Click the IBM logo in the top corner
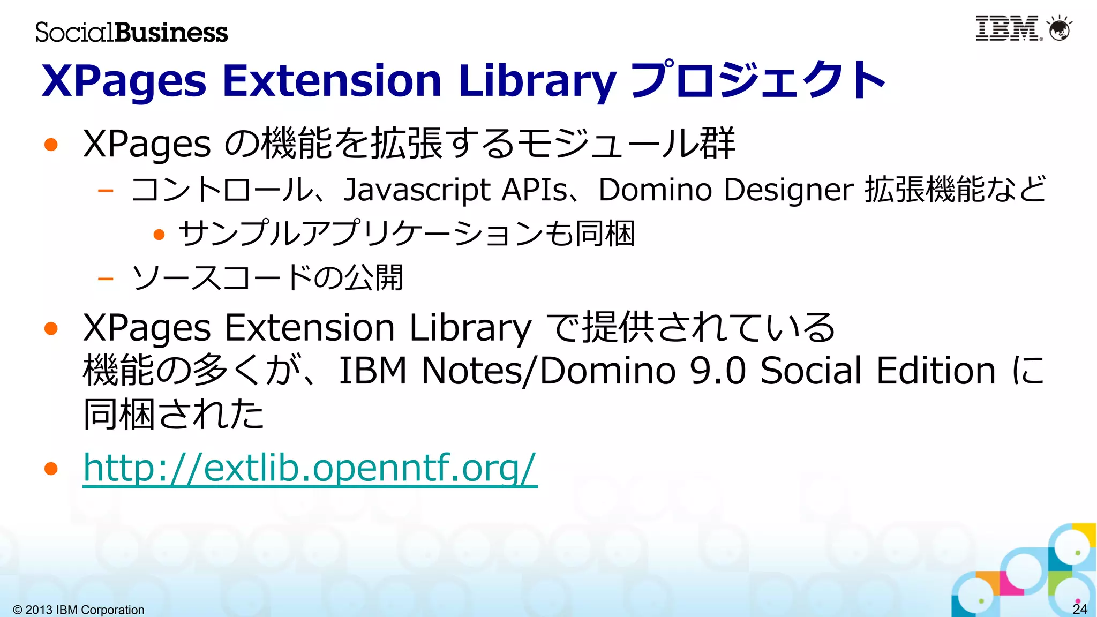1008,28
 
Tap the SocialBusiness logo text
132,32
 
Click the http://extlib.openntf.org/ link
310,468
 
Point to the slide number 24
1080,609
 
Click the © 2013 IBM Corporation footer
79,610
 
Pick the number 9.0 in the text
718,371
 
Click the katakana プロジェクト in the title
758,80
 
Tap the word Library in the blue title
537,80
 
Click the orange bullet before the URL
51,469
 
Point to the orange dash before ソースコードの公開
106,279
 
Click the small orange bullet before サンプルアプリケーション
159,235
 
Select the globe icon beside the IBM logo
1060,29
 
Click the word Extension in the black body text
310,328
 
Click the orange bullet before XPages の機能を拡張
51,144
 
